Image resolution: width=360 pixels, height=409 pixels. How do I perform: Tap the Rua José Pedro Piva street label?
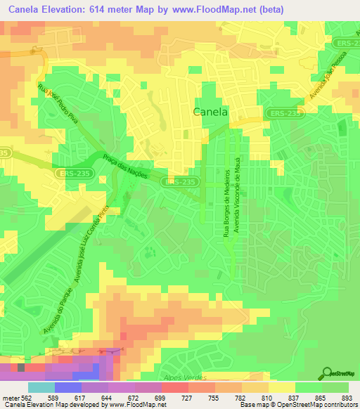click(x=60, y=105)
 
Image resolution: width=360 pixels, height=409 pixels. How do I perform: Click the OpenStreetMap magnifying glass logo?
click(x=328, y=374)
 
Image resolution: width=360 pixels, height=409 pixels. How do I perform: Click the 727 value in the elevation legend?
click(x=188, y=397)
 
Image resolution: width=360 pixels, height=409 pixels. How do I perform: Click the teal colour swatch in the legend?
click(x=41, y=387)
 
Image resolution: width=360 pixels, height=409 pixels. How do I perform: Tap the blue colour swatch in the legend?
click(x=68, y=387)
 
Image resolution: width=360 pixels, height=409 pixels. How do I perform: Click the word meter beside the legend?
click(x=8, y=397)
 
